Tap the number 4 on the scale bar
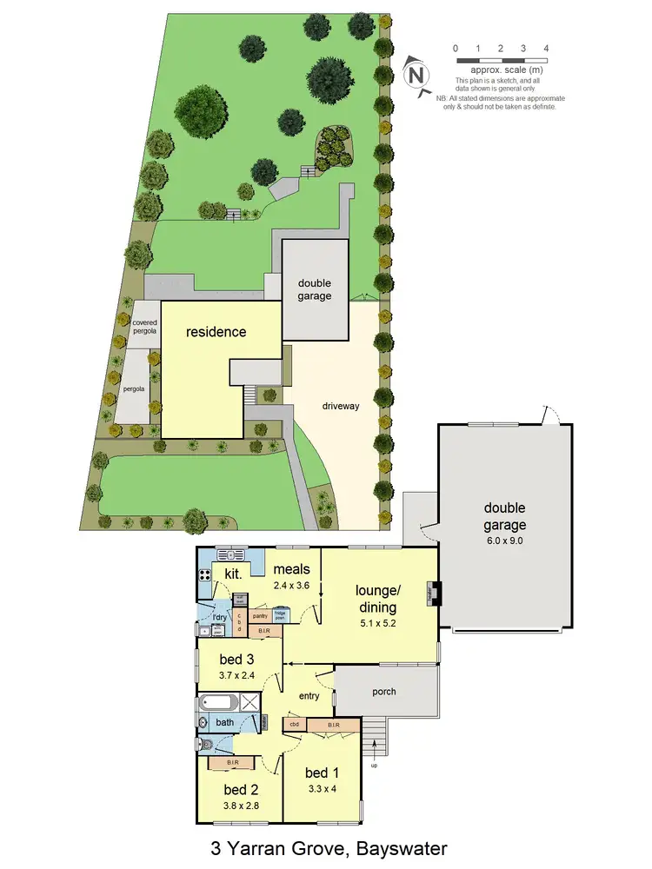546,48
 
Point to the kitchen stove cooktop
205,574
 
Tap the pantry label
260,615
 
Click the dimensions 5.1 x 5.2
376,624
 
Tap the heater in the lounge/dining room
430,594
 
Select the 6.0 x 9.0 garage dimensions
505,541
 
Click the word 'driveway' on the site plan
341,405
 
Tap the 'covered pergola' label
144,327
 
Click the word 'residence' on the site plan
216,331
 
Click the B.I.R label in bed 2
232,763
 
